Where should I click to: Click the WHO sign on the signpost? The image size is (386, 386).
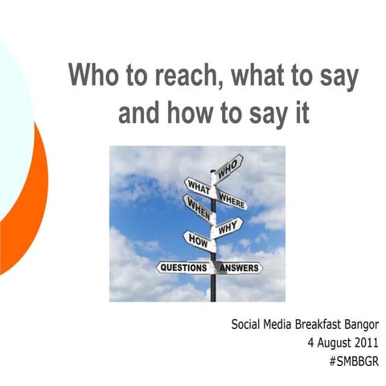point(228,167)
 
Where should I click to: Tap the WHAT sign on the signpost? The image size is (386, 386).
point(198,187)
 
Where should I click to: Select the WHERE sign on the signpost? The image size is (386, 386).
point(232,198)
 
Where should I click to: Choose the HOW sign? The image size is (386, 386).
point(198,240)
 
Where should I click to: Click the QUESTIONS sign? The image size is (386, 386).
point(183,266)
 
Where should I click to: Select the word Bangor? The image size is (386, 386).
point(358,326)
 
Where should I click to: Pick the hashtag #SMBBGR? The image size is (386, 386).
point(354,361)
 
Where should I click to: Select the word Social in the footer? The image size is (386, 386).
point(246,326)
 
